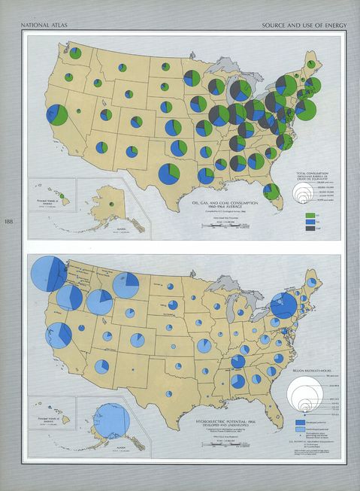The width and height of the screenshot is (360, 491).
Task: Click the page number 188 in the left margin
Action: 8,221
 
